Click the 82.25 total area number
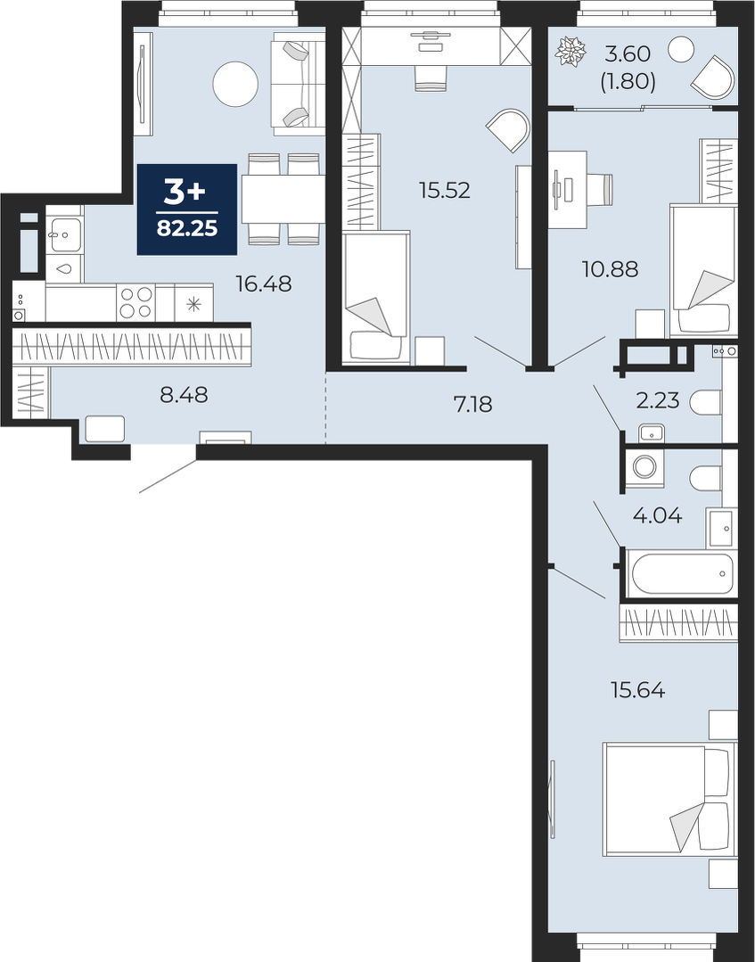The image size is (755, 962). point(187,228)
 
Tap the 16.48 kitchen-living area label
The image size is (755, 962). point(264,284)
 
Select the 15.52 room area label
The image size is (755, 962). point(444,190)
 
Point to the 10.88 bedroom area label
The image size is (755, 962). point(611,268)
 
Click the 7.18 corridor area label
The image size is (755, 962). point(473,404)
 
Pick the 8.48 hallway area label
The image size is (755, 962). point(184,395)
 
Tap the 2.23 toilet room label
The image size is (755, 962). point(658,400)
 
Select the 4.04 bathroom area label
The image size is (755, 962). point(657,515)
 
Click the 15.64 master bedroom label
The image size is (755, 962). point(638,691)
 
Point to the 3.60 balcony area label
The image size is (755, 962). point(628,54)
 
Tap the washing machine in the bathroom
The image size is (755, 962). point(644,467)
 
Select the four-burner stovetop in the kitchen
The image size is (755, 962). point(135,302)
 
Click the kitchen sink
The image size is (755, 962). point(63,234)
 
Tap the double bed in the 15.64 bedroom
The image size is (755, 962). point(669,798)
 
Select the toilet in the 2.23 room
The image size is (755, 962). point(706,403)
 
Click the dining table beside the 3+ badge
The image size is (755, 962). point(283,199)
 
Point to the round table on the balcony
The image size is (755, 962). point(680,48)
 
